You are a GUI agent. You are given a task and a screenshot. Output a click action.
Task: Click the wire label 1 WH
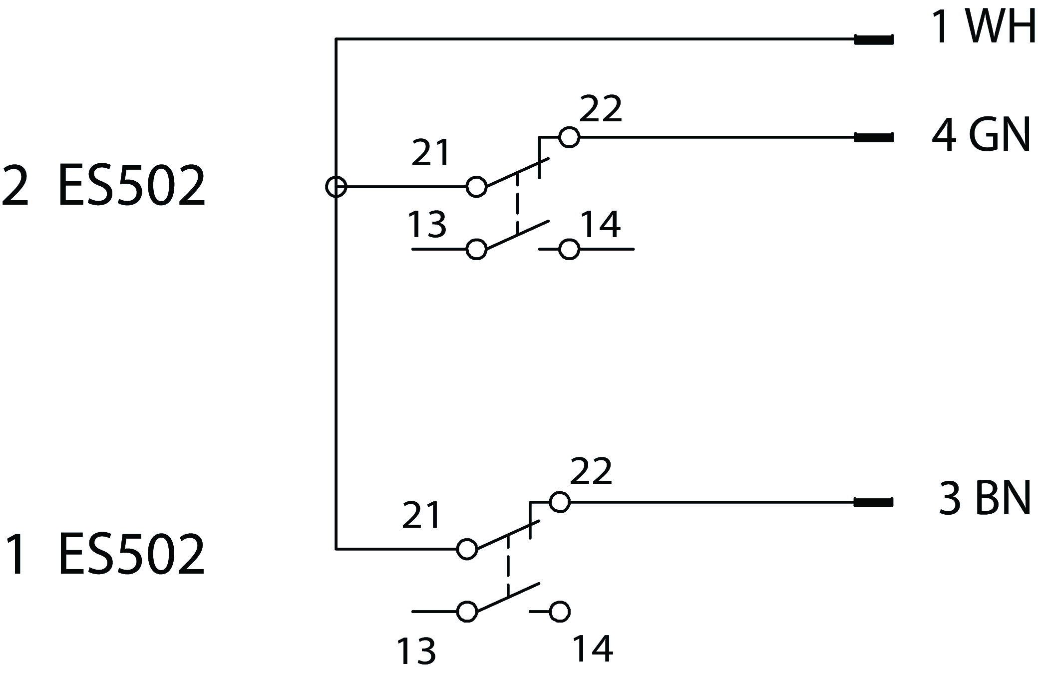(x=983, y=27)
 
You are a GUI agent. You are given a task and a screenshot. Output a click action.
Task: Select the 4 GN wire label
(x=981, y=135)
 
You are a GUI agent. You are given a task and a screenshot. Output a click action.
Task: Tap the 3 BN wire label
(x=985, y=499)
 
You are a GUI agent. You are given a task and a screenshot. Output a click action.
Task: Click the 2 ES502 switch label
(x=103, y=186)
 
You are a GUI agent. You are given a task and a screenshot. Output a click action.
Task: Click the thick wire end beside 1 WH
(x=874, y=39)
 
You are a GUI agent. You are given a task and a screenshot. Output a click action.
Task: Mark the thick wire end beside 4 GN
(x=874, y=137)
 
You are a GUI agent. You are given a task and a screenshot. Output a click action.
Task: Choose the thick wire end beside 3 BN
(x=874, y=502)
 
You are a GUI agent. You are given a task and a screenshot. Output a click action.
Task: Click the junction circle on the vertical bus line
(x=336, y=187)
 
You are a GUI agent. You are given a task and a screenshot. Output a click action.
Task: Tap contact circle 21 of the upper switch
(x=476, y=187)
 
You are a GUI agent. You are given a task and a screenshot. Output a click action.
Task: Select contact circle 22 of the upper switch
(x=569, y=137)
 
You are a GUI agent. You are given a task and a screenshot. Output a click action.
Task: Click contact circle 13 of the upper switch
(x=476, y=249)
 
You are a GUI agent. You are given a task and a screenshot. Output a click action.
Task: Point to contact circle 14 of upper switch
(x=569, y=249)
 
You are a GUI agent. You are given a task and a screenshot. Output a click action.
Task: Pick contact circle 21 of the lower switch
(x=467, y=549)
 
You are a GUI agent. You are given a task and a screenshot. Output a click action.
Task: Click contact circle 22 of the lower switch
(x=560, y=502)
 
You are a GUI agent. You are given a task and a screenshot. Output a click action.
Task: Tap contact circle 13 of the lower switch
(x=467, y=612)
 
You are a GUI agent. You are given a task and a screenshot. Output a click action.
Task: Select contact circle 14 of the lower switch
(x=560, y=612)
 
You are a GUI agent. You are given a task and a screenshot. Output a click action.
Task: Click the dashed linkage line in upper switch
(x=517, y=203)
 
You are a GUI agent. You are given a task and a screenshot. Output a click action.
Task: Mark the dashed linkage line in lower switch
(x=508, y=566)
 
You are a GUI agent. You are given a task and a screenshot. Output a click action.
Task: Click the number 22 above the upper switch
(x=601, y=108)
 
